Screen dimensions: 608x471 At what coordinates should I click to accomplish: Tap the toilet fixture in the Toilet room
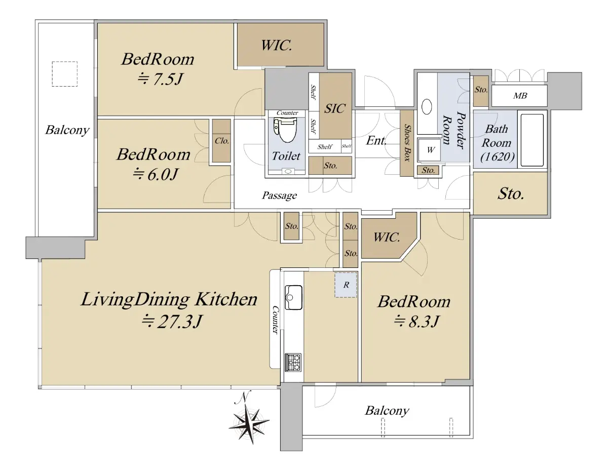285,130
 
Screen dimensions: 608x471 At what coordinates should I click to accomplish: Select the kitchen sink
293,297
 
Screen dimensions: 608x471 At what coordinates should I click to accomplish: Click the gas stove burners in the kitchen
293,362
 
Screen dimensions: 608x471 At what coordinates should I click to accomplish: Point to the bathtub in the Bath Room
532,140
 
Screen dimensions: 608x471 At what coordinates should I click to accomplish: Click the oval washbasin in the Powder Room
427,106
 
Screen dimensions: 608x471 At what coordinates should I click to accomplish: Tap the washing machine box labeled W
430,150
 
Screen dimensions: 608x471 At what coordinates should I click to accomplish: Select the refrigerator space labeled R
346,285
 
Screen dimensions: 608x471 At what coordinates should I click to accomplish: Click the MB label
520,96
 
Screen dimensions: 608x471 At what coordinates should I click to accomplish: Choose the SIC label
334,108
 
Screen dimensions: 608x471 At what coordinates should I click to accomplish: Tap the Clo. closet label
222,141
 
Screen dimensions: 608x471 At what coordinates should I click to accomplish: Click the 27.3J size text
171,322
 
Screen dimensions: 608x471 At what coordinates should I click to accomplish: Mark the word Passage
279,195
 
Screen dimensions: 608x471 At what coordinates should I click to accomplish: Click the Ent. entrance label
376,140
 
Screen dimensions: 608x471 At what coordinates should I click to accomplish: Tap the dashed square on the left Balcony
65,74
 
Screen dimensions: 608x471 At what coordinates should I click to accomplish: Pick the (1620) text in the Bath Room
498,157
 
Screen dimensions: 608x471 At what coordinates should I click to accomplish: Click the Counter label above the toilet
287,113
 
